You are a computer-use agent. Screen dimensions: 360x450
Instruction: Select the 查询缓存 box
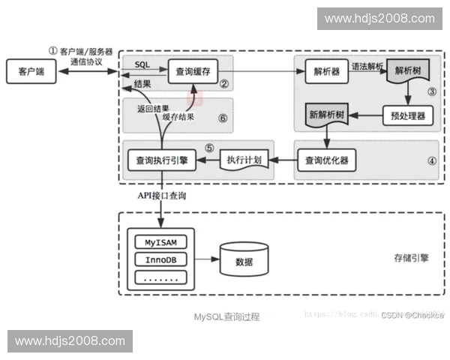[193, 71]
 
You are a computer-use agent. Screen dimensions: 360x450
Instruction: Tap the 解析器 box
[325, 73]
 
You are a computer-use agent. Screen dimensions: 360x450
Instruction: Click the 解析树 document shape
[407, 73]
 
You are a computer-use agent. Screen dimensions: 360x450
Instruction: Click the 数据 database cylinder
[244, 262]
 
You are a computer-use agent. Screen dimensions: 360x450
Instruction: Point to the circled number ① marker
[52, 50]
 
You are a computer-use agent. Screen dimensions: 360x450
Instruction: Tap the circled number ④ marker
[431, 160]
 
